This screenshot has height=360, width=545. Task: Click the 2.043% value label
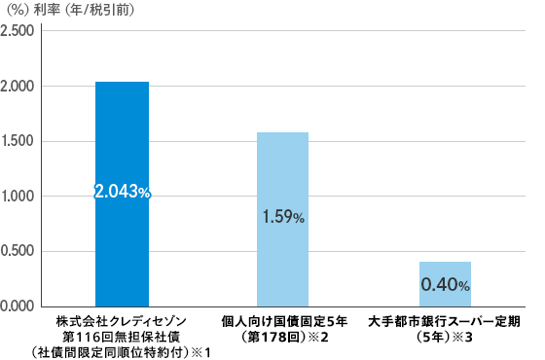[x=122, y=194]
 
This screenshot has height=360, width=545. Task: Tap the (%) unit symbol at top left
[x=18, y=11]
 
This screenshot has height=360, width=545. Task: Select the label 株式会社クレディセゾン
[x=122, y=319]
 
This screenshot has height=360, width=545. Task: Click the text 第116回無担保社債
[x=122, y=335]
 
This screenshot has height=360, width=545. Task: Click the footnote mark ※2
[x=317, y=336]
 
